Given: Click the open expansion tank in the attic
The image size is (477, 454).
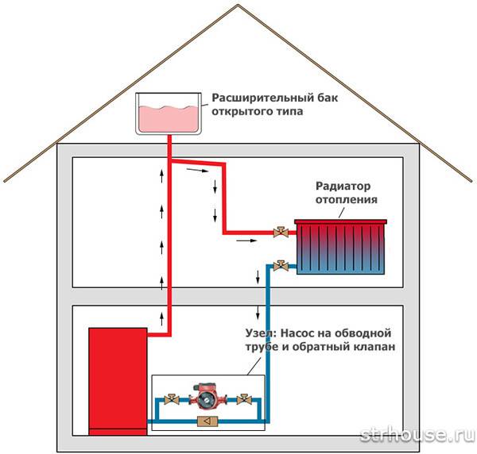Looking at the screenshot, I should [169, 114].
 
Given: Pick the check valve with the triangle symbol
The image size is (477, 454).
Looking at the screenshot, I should [205, 421].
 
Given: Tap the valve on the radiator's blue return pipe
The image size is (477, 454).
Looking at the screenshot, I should [280, 266].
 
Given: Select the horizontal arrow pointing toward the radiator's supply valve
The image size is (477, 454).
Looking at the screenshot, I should [247, 237].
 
